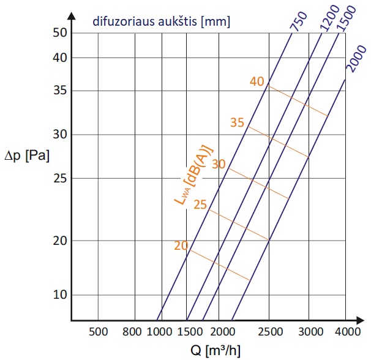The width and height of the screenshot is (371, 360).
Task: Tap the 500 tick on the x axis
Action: pyautogui.click(x=99, y=332)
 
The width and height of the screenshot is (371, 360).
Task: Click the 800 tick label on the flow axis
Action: pyautogui.click(x=132, y=332)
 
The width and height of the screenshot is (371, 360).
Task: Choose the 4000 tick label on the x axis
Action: pyautogui.click(x=347, y=332)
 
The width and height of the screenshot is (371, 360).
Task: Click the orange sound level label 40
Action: pyautogui.click(x=257, y=81)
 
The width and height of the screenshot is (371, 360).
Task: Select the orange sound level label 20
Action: pyautogui.click(x=181, y=246)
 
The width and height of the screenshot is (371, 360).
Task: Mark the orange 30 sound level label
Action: pyautogui.click(x=219, y=163)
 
